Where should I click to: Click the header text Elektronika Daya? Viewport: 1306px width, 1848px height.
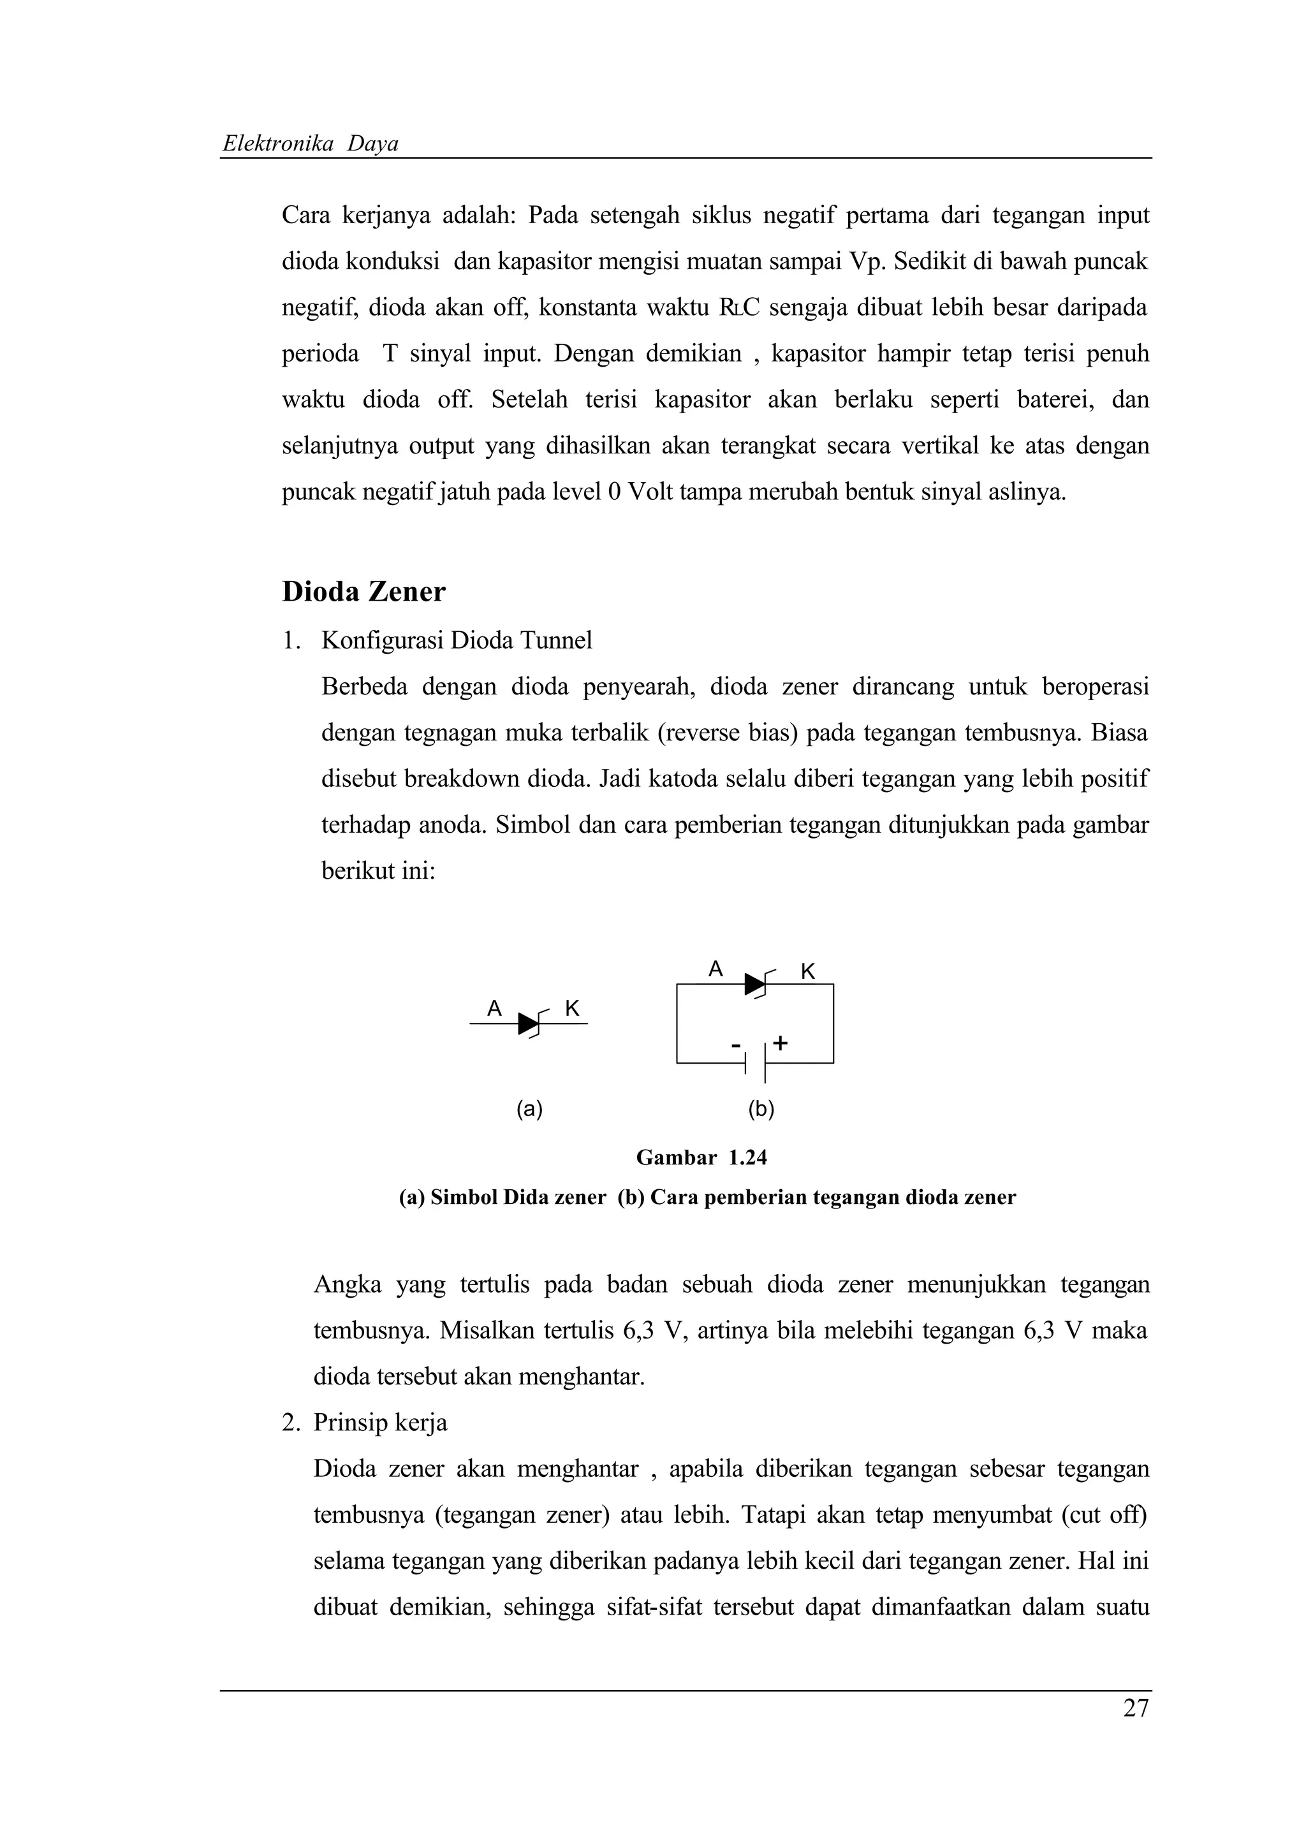pyautogui.click(x=310, y=144)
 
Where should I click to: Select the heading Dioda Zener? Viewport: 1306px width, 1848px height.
pyautogui.click(x=363, y=592)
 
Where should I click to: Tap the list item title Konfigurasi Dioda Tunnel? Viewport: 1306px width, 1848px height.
pyautogui.click(x=456, y=641)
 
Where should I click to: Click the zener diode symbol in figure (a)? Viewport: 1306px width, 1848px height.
pyautogui.click(x=531, y=1024)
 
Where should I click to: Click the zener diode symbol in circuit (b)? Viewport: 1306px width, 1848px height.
pyautogui.click(x=756, y=983)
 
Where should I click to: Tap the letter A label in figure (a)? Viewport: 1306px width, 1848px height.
pyautogui.click(x=495, y=1009)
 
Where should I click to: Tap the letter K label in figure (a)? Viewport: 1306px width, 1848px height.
pyautogui.click(x=572, y=1009)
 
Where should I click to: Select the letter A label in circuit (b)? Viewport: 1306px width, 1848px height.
pyautogui.click(x=715, y=970)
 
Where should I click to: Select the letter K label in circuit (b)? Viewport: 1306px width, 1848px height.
pyautogui.click(x=808, y=972)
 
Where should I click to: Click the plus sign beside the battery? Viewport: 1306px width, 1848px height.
pyautogui.click(x=780, y=1044)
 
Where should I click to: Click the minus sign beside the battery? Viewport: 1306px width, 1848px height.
pyautogui.click(x=735, y=1046)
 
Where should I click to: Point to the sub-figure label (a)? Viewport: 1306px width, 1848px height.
pyautogui.click(x=529, y=1110)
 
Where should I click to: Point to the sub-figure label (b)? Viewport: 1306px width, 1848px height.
pyautogui.click(x=760, y=1110)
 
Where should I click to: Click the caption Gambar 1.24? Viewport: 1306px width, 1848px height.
pyautogui.click(x=701, y=1157)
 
